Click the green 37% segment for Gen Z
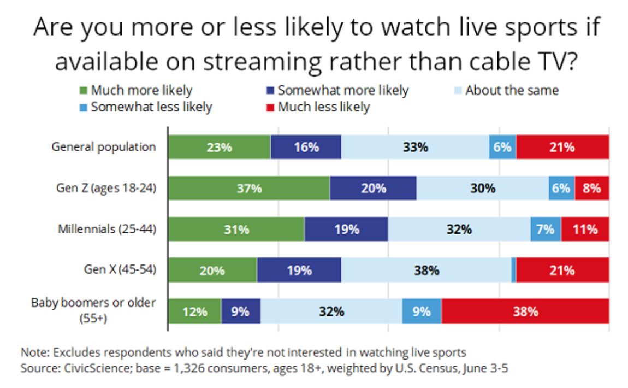point(248,188)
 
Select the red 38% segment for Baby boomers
point(525,311)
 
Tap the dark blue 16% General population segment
point(306,147)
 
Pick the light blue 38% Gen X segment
point(426,271)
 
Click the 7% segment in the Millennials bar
point(546,230)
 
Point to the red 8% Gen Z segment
point(591,188)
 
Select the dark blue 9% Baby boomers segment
point(240,311)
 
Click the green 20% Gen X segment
point(212,271)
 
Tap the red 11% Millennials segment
point(585,230)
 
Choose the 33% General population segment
point(415,147)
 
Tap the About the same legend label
point(512,90)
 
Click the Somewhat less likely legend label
point(151,107)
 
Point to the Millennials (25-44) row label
point(107,229)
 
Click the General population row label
point(104,146)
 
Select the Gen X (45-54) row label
point(120,270)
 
